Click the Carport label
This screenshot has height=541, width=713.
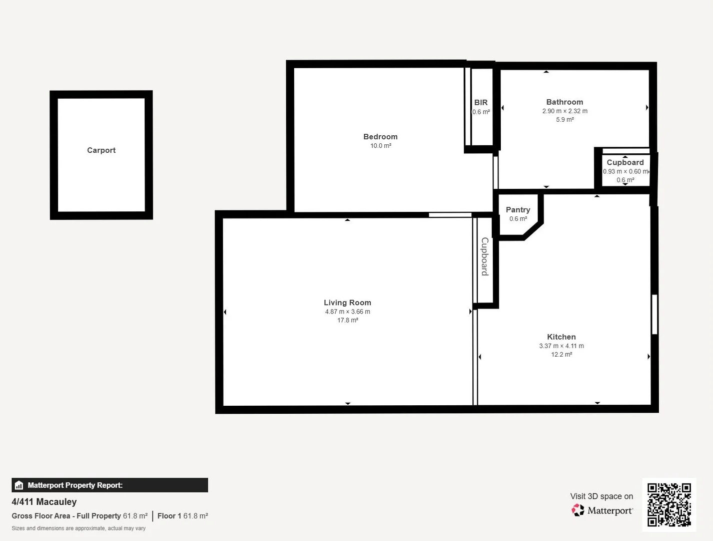tap(101, 150)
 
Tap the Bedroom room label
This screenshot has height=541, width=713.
tap(380, 137)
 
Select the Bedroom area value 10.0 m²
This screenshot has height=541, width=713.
tap(380, 146)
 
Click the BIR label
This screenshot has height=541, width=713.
tap(481, 103)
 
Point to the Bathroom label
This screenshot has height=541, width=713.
tap(564, 102)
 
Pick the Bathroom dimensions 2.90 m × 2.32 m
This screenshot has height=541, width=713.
tap(564, 111)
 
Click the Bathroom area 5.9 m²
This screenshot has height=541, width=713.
tap(564, 120)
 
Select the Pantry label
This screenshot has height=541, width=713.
tap(518, 210)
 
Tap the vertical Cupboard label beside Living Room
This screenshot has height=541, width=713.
tap(484, 256)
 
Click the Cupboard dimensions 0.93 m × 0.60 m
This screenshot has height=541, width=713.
tap(625, 171)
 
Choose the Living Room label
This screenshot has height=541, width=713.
tap(347, 303)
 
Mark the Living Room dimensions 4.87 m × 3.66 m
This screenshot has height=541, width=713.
tap(347, 312)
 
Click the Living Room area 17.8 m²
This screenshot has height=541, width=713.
tap(347, 320)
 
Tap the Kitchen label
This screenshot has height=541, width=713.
tap(561, 337)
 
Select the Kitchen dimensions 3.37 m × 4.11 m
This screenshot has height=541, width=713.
tap(561, 346)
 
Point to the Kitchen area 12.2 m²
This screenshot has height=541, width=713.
tap(561, 355)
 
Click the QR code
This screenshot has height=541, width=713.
tap(669, 504)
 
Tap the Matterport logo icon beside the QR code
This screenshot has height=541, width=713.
tap(578, 510)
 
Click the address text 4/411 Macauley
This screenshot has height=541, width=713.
tap(44, 502)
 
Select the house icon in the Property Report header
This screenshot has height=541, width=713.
tap(19, 485)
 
